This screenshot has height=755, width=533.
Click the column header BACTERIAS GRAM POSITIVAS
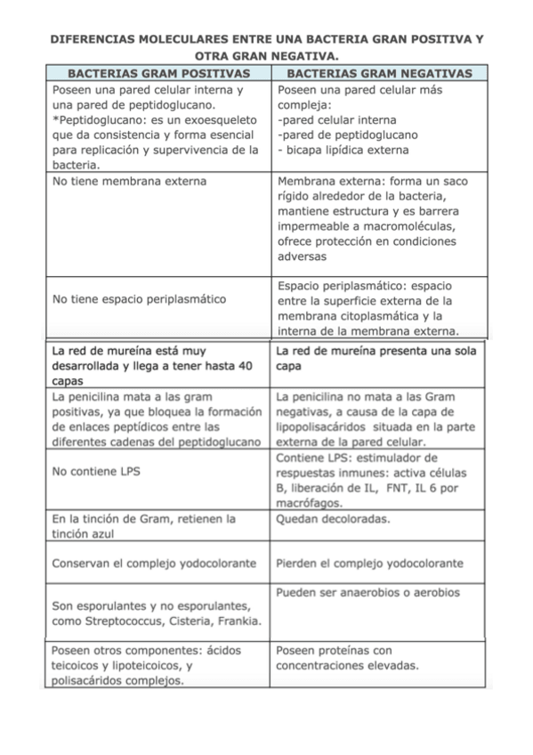pyautogui.click(x=157, y=73)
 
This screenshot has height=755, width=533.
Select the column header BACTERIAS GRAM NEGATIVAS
pyautogui.click(x=381, y=73)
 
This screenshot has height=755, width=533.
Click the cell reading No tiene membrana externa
pyautogui.click(x=130, y=182)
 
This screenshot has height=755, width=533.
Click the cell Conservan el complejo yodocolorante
pyautogui.click(x=154, y=564)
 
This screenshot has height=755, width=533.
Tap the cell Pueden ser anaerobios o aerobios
pyautogui.click(x=367, y=592)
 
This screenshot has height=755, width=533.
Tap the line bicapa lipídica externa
pyautogui.click(x=331, y=150)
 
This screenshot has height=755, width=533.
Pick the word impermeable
pyautogui.click(x=312, y=226)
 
